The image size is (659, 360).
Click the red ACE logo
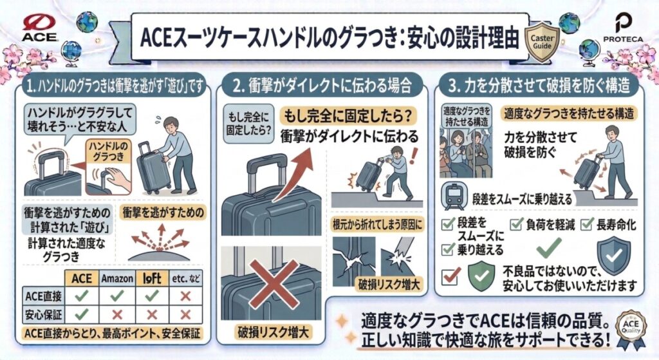click(x=41, y=28)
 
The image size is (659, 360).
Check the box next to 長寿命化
click(x=586, y=225)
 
